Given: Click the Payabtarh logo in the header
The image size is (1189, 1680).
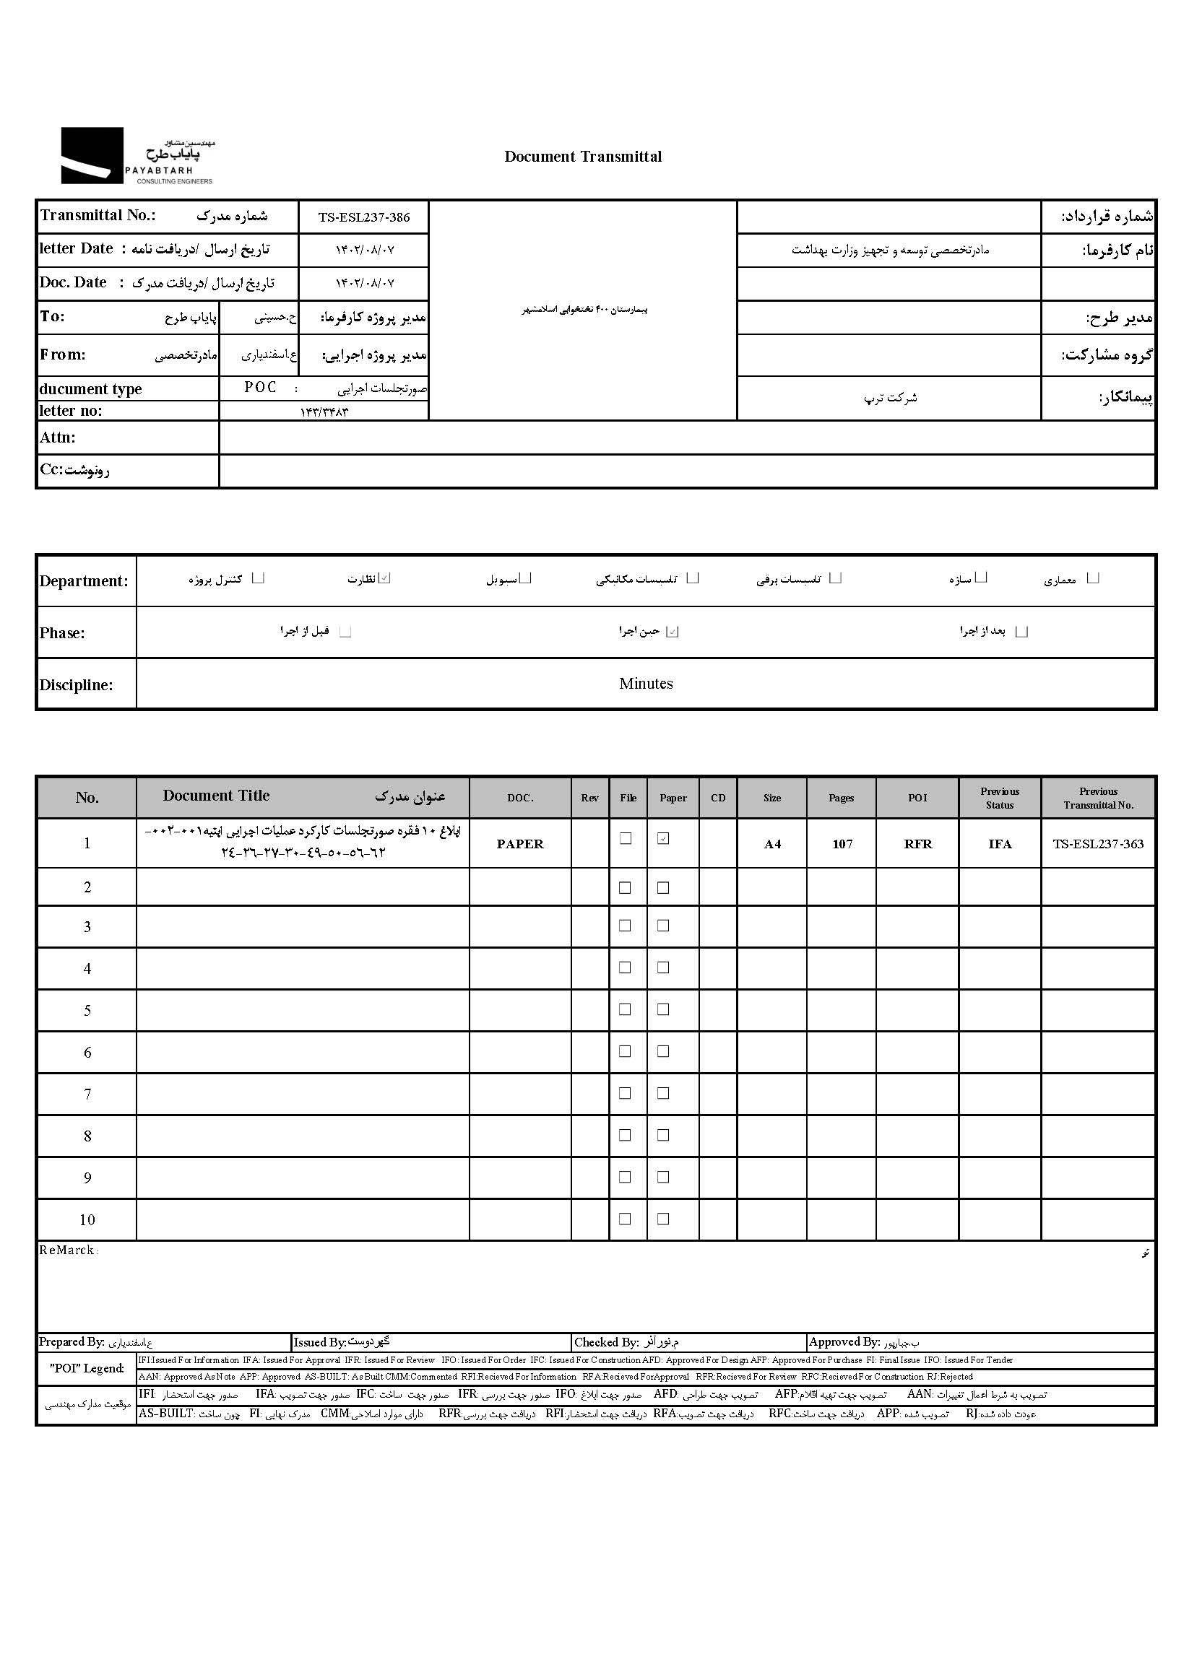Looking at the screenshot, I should pyautogui.click(x=137, y=156).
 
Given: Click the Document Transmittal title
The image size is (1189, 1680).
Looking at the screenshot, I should pyautogui.click(x=583, y=157).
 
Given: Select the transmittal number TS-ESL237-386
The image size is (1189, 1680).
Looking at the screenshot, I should pyautogui.click(x=364, y=217).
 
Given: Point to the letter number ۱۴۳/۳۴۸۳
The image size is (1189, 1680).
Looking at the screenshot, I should pyautogui.click(x=324, y=412).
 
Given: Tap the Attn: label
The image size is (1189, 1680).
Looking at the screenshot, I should pyautogui.click(x=58, y=438).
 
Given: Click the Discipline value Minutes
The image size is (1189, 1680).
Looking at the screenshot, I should pyautogui.click(x=646, y=684).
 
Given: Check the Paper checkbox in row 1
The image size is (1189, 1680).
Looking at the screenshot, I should pyautogui.click(x=663, y=838).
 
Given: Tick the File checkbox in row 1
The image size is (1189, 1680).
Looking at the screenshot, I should pyautogui.click(x=626, y=838).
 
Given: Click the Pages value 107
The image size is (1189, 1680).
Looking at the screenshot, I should pyautogui.click(x=842, y=844).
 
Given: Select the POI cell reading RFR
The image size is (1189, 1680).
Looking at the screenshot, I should pyautogui.click(x=917, y=844).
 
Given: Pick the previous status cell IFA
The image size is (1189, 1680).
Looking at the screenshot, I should pyautogui.click(x=999, y=844).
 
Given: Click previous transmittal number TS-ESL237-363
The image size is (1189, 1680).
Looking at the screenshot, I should pyautogui.click(x=1098, y=844).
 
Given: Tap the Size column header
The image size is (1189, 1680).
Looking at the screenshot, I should pyautogui.click(x=771, y=798).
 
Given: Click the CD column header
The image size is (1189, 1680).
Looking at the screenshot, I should pyautogui.click(x=718, y=798).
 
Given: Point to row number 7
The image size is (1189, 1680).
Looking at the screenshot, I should pyautogui.click(x=87, y=1094).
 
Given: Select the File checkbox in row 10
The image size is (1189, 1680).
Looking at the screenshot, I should pyautogui.click(x=625, y=1219).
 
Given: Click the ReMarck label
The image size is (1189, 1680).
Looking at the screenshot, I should pyautogui.click(x=67, y=1250).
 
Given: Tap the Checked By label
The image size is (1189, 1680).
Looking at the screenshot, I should pyautogui.click(x=606, y=1342).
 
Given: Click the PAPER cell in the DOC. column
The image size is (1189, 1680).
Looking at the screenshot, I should pyautogui.click(x=520, y=844).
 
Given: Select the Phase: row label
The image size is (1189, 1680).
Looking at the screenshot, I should pyautogui.click(x=62, y=633).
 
